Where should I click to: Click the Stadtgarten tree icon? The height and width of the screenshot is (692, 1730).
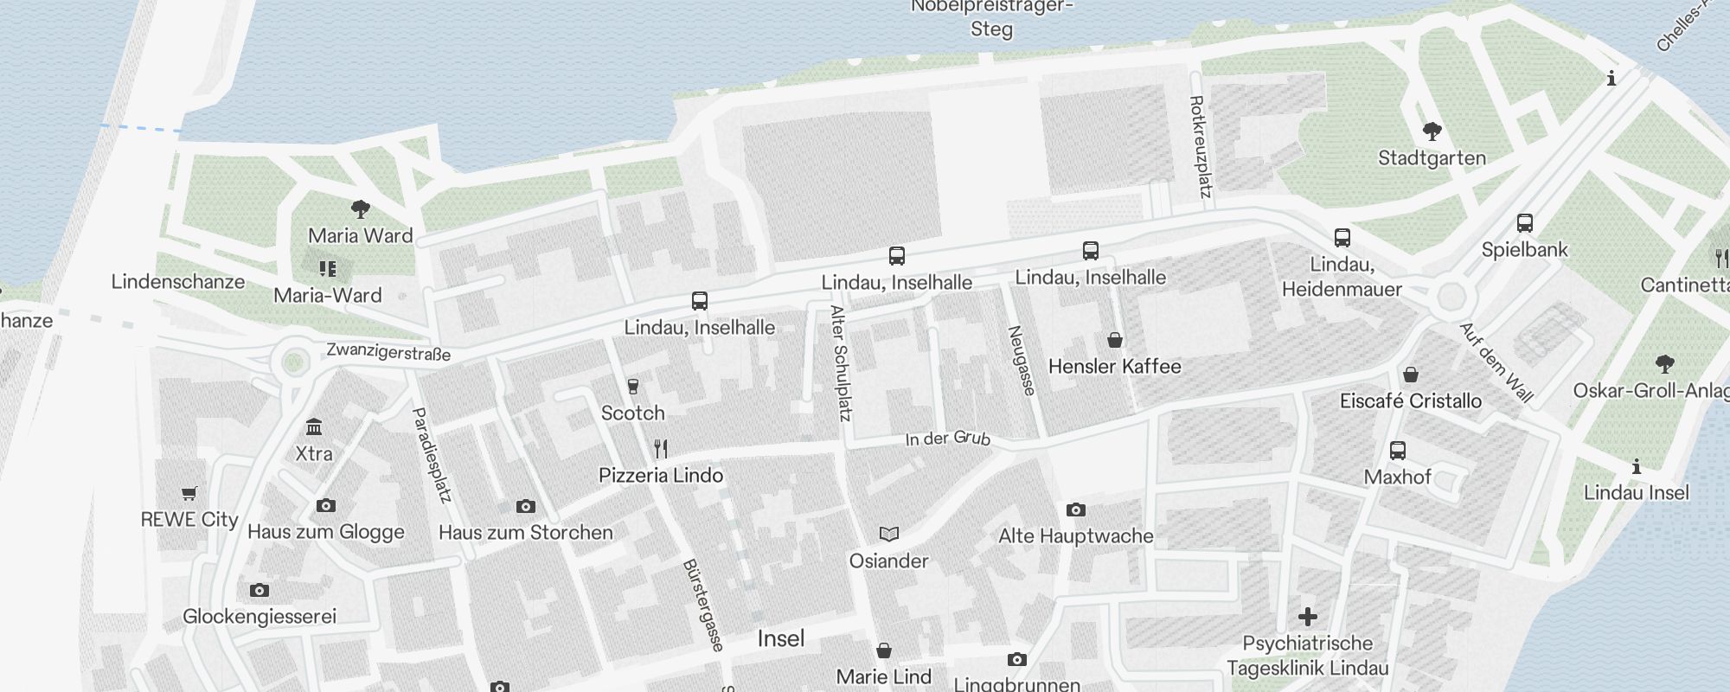coord(1432,132)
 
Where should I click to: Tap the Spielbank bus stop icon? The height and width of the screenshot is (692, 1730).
coord(1525,223)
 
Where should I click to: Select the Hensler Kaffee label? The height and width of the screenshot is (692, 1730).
coord(1114,367)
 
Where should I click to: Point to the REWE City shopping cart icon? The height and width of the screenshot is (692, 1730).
coord(189,494)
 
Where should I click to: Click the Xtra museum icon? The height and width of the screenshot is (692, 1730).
coord(314,427)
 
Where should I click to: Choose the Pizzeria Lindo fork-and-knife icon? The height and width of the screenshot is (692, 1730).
coord(661,448)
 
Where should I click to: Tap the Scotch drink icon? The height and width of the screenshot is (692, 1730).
coord(633,386)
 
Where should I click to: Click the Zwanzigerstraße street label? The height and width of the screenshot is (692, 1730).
coord(388,352)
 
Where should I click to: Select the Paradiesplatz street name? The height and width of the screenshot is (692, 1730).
coord(432,455)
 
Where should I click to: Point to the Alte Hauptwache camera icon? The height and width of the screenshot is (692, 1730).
coord(1075,509)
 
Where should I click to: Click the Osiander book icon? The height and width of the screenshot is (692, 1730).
coord(889,534)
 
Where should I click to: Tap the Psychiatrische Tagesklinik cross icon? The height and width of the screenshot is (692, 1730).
coord(1308,617)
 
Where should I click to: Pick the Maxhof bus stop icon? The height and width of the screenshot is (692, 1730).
coord(1398,451)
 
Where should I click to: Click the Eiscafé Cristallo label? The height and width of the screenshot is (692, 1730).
coord(1410,401)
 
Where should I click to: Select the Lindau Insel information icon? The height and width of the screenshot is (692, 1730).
coord(1637,467)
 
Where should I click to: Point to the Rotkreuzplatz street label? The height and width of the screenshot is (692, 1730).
coord(1200,146)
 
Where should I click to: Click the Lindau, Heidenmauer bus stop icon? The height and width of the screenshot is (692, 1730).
coord(1342,238)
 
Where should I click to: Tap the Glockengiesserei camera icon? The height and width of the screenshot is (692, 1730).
coord(259,590)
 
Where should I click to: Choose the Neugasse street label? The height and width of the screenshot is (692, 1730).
coord(1022,361)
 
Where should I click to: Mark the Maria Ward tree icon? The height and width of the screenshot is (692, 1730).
coord(361,208)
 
